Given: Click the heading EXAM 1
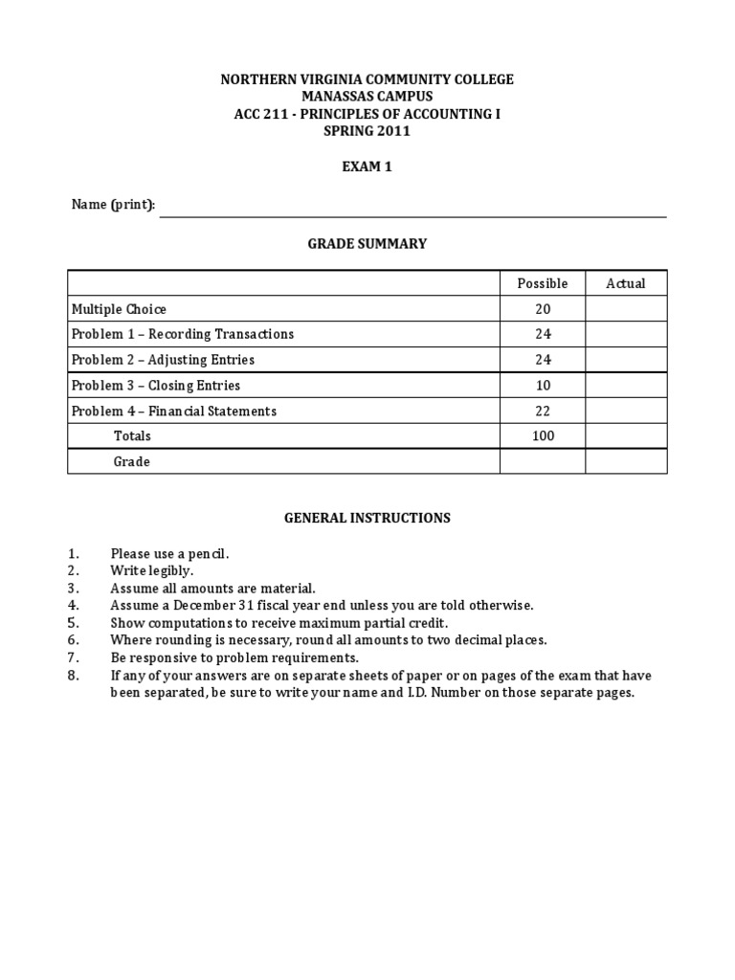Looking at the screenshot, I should click(367, 167).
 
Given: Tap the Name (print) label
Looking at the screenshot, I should click(113, 205).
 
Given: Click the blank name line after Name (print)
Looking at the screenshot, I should click(412, 209).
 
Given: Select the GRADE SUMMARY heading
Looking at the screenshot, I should click(367, 244).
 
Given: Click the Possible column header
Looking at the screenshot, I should click(542, 283).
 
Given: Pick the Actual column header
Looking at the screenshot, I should click(626, 283).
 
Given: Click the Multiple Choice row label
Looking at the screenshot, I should click(119, 309).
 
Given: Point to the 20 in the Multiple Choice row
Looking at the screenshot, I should click(542, 309).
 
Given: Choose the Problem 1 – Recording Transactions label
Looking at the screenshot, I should click(183, 334).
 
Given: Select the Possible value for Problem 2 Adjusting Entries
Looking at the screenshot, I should click(542, 360).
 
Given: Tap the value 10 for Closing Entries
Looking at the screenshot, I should click(542, 386).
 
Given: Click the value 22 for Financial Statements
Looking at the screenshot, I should click(542, 411).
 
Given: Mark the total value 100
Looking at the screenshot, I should click(542, 435).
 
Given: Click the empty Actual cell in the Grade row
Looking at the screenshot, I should click(626, 461).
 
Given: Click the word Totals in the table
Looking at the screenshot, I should click(132, 435).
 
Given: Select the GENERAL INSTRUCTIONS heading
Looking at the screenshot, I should click(367, 518).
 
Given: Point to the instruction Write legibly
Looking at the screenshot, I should click(152, 570).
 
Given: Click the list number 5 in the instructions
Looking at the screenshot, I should click(73, 622).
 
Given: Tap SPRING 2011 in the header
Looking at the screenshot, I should click(367, 131).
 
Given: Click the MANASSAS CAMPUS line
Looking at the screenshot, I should click(367, 97).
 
